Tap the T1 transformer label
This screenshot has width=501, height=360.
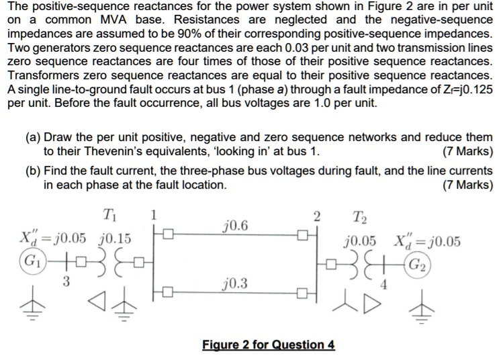point(109,216)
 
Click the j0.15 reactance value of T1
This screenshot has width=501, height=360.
point(115,238)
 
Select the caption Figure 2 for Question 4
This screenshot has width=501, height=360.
point(268,345)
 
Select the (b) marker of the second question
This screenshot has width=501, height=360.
point(33,171)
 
